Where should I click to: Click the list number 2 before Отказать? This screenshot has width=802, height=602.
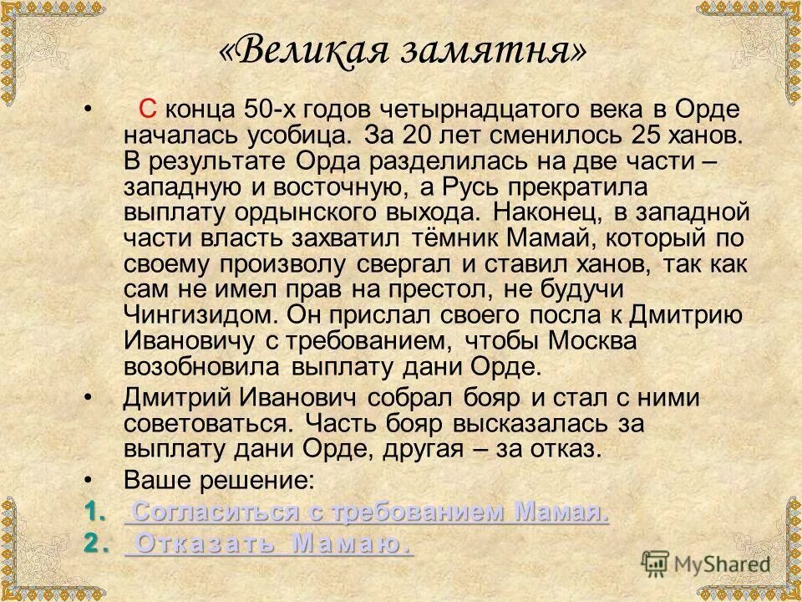tap(94, 543)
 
